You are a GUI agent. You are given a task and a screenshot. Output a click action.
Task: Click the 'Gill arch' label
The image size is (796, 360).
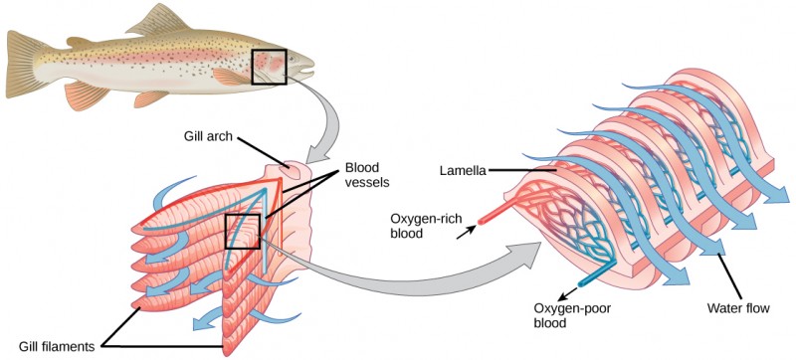tap(208, 137)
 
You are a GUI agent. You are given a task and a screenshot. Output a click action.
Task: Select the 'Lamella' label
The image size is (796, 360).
tap(462, 170)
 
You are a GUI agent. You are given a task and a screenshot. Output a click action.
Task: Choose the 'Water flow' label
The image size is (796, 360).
tap(738, 308)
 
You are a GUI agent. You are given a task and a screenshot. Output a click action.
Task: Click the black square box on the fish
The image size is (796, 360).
tap(269, 68)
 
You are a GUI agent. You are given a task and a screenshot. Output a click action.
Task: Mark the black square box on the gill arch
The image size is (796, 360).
tap(242, 231)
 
